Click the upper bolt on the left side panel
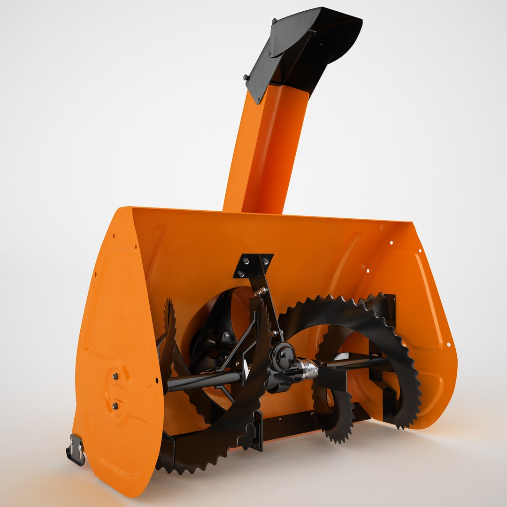click(x=115, y=376)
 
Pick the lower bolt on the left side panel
click(x=115, y=405)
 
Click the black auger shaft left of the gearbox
click(x=202, y=380)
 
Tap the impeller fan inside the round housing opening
click(x=216, y=338)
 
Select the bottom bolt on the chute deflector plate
click(x=246, y=77)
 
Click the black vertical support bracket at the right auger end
click(x=387, y=357)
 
